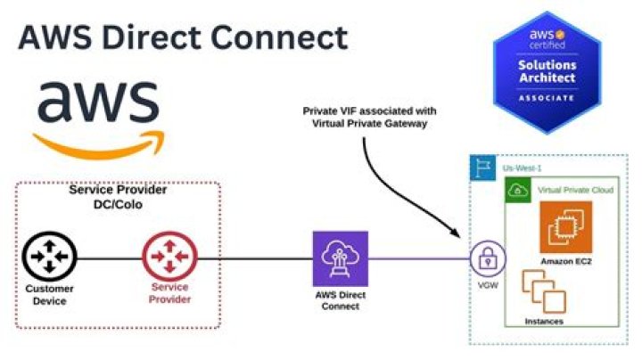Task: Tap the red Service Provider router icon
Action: tap(169, 258)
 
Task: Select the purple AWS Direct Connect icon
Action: tap(340, 258)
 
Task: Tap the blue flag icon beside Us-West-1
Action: tap(482, 168)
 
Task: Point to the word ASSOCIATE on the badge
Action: tap(547, 97)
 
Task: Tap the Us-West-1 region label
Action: tap(523, 168)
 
